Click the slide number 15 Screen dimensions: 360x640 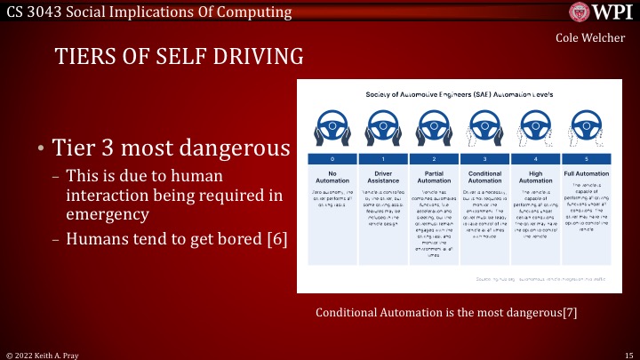click(x=627, y=354)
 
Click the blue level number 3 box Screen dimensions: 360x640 click(x=483, y=157)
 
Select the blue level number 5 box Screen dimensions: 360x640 click(x=584, y=157)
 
